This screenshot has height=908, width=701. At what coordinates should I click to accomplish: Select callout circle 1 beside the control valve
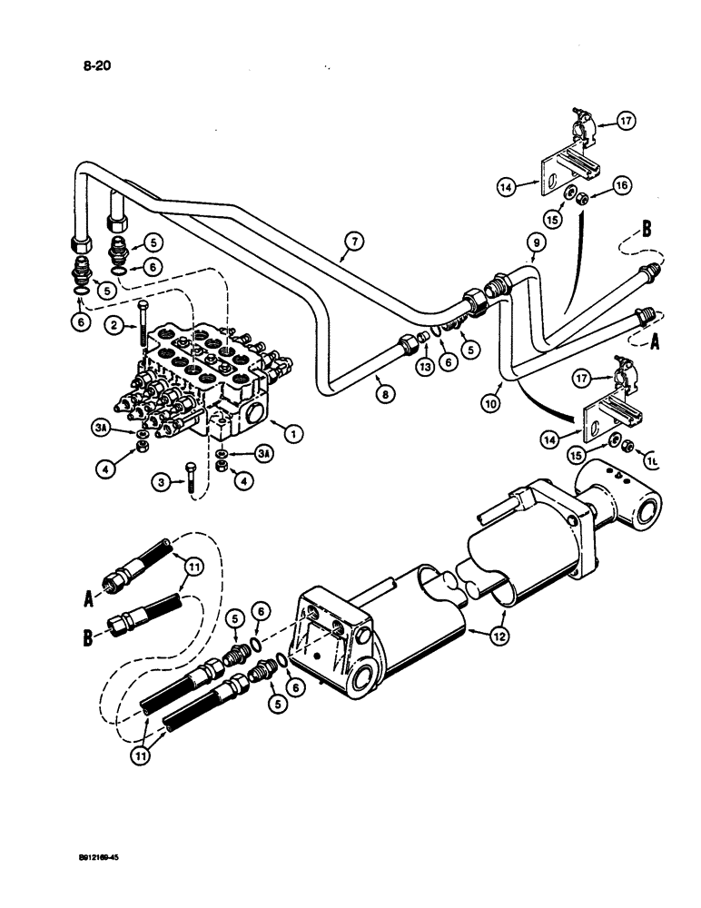[291, 434]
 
